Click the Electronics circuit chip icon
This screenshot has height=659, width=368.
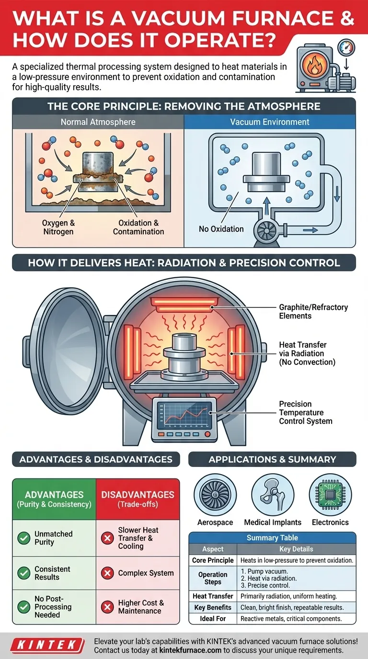pyautogui.click(x=331, y=496)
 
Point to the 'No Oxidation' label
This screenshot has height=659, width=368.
pyautogui.click(x=221, y=229)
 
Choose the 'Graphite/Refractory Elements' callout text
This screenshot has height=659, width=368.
pyautogui.click(x=313, y=311)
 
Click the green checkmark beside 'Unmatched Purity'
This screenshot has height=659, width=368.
pyautogui.click(x=23, y=538)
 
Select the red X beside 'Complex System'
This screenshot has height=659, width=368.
pyautogui.click(x=107, y=573)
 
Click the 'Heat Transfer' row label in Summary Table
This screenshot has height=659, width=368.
pyautogui.click(x=213, y=596)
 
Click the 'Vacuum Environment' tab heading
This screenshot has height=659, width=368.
pyautogui.click(x=270, y=122)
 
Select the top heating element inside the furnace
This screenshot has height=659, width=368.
pyautogui.click(x=184, y=303)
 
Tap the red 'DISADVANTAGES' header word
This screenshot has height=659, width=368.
pyautogui.click(x=138, y=495)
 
